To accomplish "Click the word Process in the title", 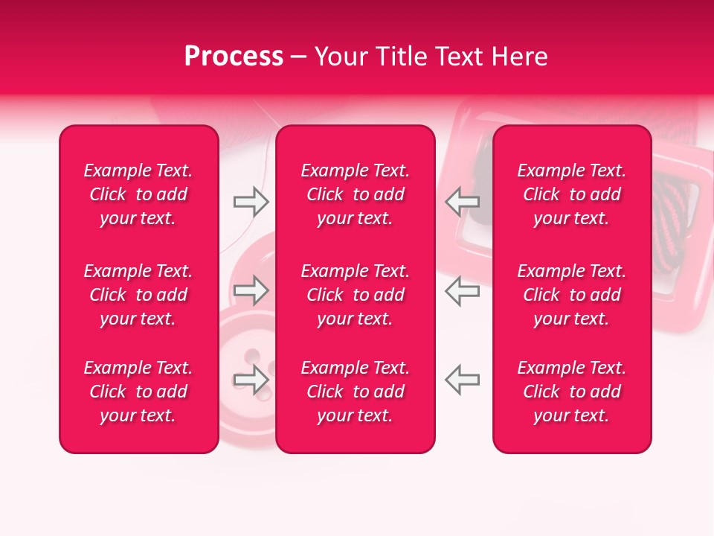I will click(x=234, y=57).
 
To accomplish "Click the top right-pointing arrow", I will click(x=251, y=202).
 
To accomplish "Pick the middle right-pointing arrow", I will click(x=251, y=290).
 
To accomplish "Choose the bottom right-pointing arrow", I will click(x=251, y=380).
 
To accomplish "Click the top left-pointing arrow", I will click(x=462, y=202).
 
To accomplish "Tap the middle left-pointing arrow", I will click(x=462, y=290).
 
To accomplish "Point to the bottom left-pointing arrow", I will click(x=462, y=380).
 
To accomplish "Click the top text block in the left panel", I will click(x=138, y=194).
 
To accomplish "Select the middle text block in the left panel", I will click(x=138, y=295).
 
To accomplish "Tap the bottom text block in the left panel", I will click(x=138, y=392).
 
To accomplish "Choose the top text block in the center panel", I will click(x=355, y=194).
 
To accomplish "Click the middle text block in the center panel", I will click(x=355, y=295).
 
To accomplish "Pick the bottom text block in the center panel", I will click(x=355, y=392).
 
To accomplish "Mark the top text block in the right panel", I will click(x=571, y=194).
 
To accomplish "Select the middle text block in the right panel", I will click(x=571, y=295).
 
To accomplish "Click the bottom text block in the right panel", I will click(x=571, y=392).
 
